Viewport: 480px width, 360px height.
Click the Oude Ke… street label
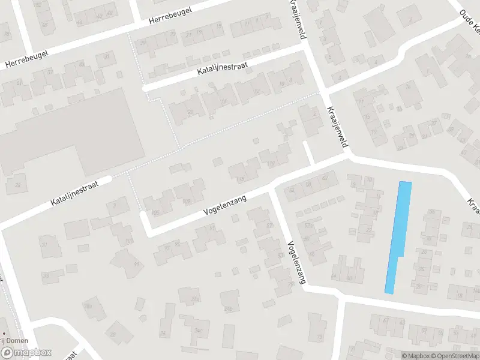click(469, 20)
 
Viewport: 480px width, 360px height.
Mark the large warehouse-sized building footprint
click(78, 135)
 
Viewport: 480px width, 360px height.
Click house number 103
click(130, 241)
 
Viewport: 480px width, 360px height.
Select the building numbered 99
click(137, 263)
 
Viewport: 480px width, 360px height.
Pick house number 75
click(320, 338)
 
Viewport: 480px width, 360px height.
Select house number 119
click(272, 163)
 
